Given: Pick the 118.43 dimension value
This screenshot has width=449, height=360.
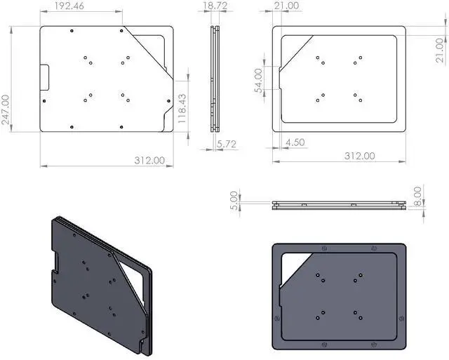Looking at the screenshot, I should pyautogui.click(x=182, y=109).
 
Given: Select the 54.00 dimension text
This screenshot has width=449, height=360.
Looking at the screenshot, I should pyautogui.click(x=259, y=80).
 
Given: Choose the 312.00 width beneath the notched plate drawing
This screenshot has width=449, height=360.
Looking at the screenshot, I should pyautogui.click(x=149, y=160).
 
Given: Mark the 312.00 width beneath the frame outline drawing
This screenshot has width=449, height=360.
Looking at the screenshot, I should pyautogui.click(x=358, y=156).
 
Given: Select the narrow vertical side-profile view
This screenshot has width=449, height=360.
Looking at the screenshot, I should pyautogui.click(x=215, y=79).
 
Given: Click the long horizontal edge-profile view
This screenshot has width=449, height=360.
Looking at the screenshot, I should pyautogui.click(x=338, y=205).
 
